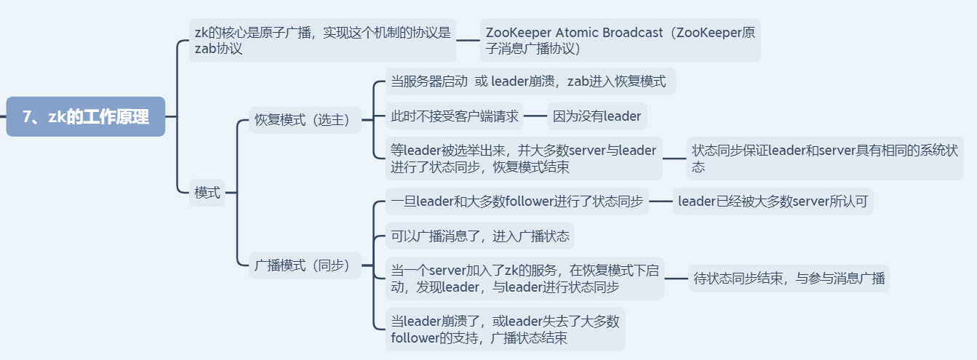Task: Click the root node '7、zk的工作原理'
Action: tap(86, 116)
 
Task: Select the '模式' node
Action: tap(207, 193)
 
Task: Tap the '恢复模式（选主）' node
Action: tap(306, 120)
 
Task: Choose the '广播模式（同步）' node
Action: tap(306, 265)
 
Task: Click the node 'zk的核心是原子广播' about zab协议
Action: tap(322, 40)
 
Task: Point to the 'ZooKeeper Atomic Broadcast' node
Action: tap(620, 40)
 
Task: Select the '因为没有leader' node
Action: tap(597, 116)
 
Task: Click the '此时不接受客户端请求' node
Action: tap(455, 116)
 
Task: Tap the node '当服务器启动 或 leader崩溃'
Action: tap(530, 81)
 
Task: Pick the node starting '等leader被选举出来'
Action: tap(524, 159)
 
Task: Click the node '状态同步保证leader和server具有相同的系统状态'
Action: tap(825, 159)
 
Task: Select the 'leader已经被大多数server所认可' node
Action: tap(773, 201)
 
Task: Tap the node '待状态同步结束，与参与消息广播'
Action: tap(789, 278)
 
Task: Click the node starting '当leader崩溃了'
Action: tap(505, 329)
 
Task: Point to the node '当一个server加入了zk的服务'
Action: tap(525, 278)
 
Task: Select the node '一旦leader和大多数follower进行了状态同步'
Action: tap(517, 201)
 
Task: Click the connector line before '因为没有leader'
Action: tap(535, 116)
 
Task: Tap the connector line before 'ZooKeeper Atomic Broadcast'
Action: tap(468, 40)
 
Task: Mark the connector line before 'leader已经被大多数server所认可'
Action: tap(661, 201)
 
